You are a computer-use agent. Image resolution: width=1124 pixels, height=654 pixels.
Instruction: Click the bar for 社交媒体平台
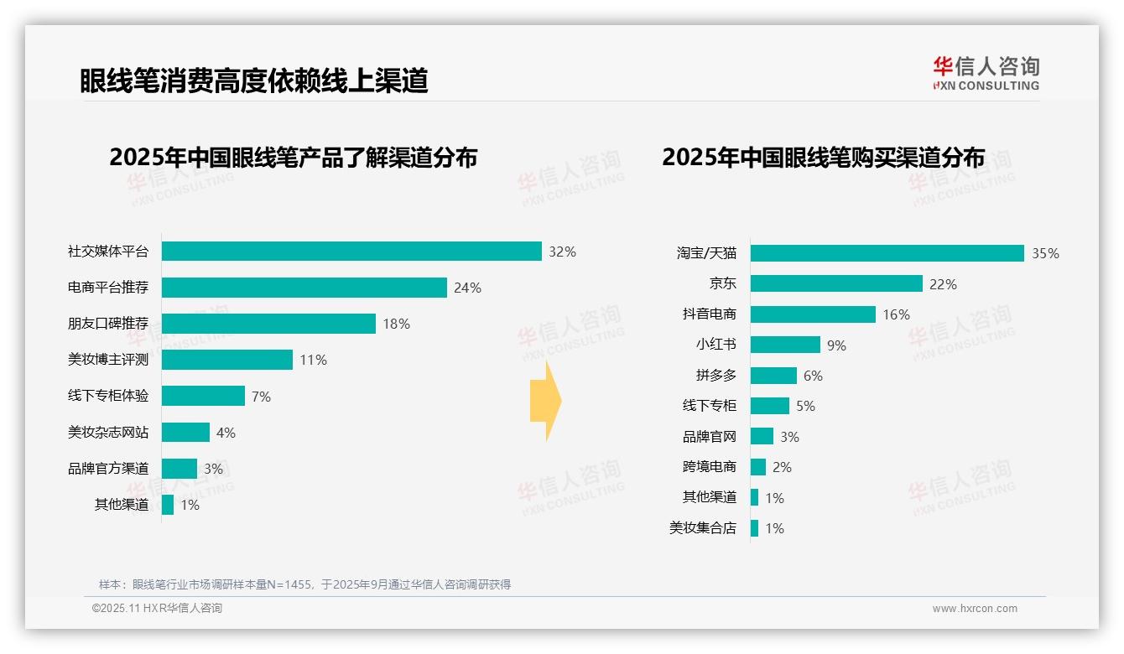point(351,252)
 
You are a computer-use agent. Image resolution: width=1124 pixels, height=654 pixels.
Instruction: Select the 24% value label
point(467,288)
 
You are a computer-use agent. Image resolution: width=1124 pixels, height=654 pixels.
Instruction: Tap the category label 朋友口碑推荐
point(108,324)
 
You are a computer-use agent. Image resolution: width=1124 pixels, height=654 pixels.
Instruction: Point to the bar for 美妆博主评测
point(227,360)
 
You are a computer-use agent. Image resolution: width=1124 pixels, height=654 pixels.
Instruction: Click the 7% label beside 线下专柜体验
point(261,397)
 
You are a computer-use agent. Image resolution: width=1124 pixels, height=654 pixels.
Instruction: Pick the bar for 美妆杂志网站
point(185,433)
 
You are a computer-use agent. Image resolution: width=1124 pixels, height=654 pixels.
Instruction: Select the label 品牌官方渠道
point(108,469)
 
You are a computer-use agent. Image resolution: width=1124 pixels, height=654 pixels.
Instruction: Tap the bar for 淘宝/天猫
point(887,253)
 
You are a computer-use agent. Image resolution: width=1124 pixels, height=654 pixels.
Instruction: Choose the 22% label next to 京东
point(943,284)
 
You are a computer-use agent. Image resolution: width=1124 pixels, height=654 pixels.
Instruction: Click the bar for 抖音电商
point(813,314)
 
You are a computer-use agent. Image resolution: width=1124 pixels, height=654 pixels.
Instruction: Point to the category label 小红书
point(716,345)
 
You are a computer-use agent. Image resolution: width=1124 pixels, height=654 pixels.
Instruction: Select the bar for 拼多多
point(773,376)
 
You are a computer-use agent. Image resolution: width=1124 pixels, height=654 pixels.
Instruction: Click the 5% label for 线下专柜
point(805,407)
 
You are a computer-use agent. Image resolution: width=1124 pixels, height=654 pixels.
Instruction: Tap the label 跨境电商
point(710,467)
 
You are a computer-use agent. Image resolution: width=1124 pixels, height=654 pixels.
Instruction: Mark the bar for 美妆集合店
point(754,528)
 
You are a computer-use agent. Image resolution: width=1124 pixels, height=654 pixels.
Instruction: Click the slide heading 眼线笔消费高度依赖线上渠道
point(254,80)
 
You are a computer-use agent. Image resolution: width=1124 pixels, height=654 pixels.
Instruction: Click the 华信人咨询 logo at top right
point(986,73)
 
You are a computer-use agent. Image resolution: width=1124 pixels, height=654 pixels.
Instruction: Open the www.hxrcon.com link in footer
point(975,609)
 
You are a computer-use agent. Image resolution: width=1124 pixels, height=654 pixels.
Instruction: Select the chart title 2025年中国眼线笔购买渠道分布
point(823,158)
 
